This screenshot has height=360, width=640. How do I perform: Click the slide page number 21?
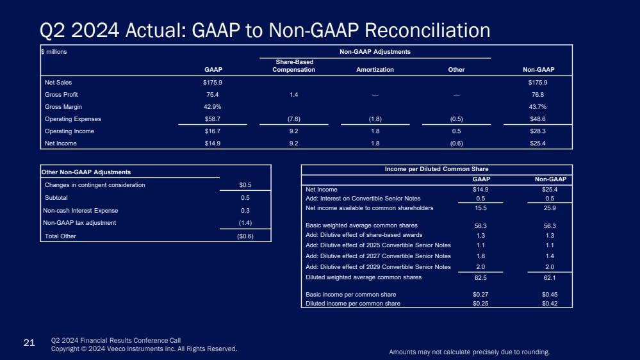coord(29,344)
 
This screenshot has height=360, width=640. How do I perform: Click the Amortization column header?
coord(375,70)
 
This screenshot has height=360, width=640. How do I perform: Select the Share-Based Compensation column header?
coord(293,66)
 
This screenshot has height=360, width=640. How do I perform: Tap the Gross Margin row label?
coord(63,107)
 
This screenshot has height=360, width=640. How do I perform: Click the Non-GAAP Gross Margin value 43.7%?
coord(537,107)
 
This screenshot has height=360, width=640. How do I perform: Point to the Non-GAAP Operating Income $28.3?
coord(537,131)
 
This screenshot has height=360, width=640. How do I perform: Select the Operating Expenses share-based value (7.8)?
coord(293,119)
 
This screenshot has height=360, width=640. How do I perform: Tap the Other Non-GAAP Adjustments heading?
coord(86,172)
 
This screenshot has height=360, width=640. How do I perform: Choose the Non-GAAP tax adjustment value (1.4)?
coord(245,223)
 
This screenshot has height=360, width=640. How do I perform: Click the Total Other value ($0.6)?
coord(245,236)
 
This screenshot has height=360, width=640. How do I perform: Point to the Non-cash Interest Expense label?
coord(81,211)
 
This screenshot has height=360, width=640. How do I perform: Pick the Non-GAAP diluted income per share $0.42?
coord(549,304)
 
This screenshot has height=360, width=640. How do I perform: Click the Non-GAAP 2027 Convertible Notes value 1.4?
coord(549,256)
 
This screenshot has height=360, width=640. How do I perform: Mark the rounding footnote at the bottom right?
coord(470,352)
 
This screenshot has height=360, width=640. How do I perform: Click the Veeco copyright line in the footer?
coord(144,349)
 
